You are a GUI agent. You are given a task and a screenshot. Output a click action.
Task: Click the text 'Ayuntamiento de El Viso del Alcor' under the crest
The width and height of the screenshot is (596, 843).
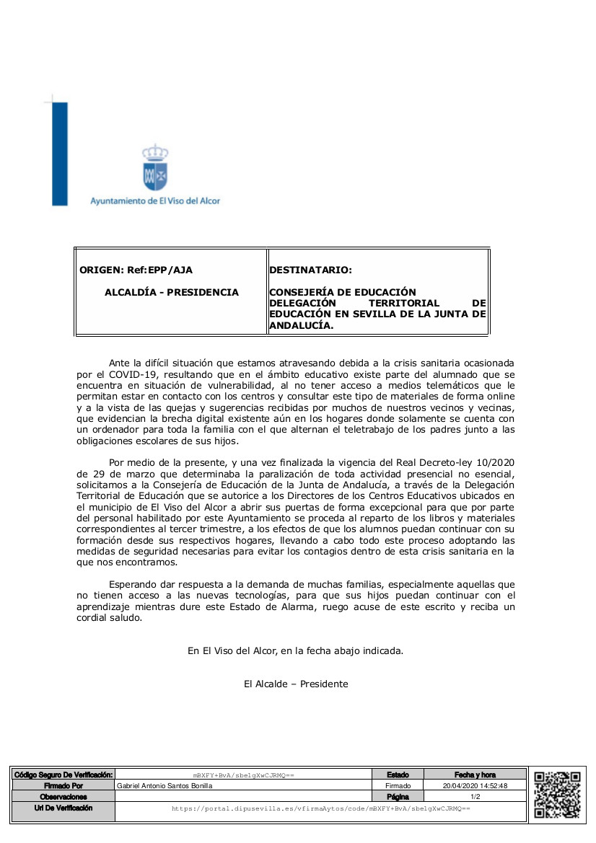pyautogui.click(x=155, y=200)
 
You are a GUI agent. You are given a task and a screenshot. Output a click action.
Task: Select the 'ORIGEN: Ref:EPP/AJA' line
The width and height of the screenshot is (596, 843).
pyautogui.click(x=136, y=270)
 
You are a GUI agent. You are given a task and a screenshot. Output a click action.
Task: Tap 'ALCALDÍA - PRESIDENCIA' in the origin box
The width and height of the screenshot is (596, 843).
pyautogui.click(x=172, y=292)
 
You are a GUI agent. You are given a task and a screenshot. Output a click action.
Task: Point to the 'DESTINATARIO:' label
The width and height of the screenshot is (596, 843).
pyautogui.click(x=310, y=270)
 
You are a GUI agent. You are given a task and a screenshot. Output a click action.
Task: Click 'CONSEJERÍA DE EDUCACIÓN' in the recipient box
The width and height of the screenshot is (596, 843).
pyautogui.click(x=343, y=292)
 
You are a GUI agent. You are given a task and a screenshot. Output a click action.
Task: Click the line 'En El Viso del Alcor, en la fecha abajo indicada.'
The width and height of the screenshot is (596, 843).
pyautogui.click(x=295, y=650)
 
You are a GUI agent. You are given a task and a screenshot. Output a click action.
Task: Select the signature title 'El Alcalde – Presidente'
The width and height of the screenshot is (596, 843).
pyautogui.click(x=296, y=684)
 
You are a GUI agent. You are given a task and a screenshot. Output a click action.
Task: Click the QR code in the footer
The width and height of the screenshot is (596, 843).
pyautogui.click(x=557, y=793)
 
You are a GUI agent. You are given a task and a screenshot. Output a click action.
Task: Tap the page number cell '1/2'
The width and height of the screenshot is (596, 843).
pyautogui.click(x=475, y=797)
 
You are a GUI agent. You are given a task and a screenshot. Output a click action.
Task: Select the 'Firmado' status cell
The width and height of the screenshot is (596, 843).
pyautogui.click(x=398, y=786)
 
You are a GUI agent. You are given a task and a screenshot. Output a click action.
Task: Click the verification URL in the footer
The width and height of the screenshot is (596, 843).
pyautogui.click(x=320, y=809)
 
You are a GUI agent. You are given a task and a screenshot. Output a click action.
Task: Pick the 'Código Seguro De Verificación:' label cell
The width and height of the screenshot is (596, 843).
pyautogui.click(x=63, y=774)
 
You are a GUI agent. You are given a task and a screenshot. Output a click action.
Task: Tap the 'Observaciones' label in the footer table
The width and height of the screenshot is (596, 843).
pyautogui.click(x=63, y=797)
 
